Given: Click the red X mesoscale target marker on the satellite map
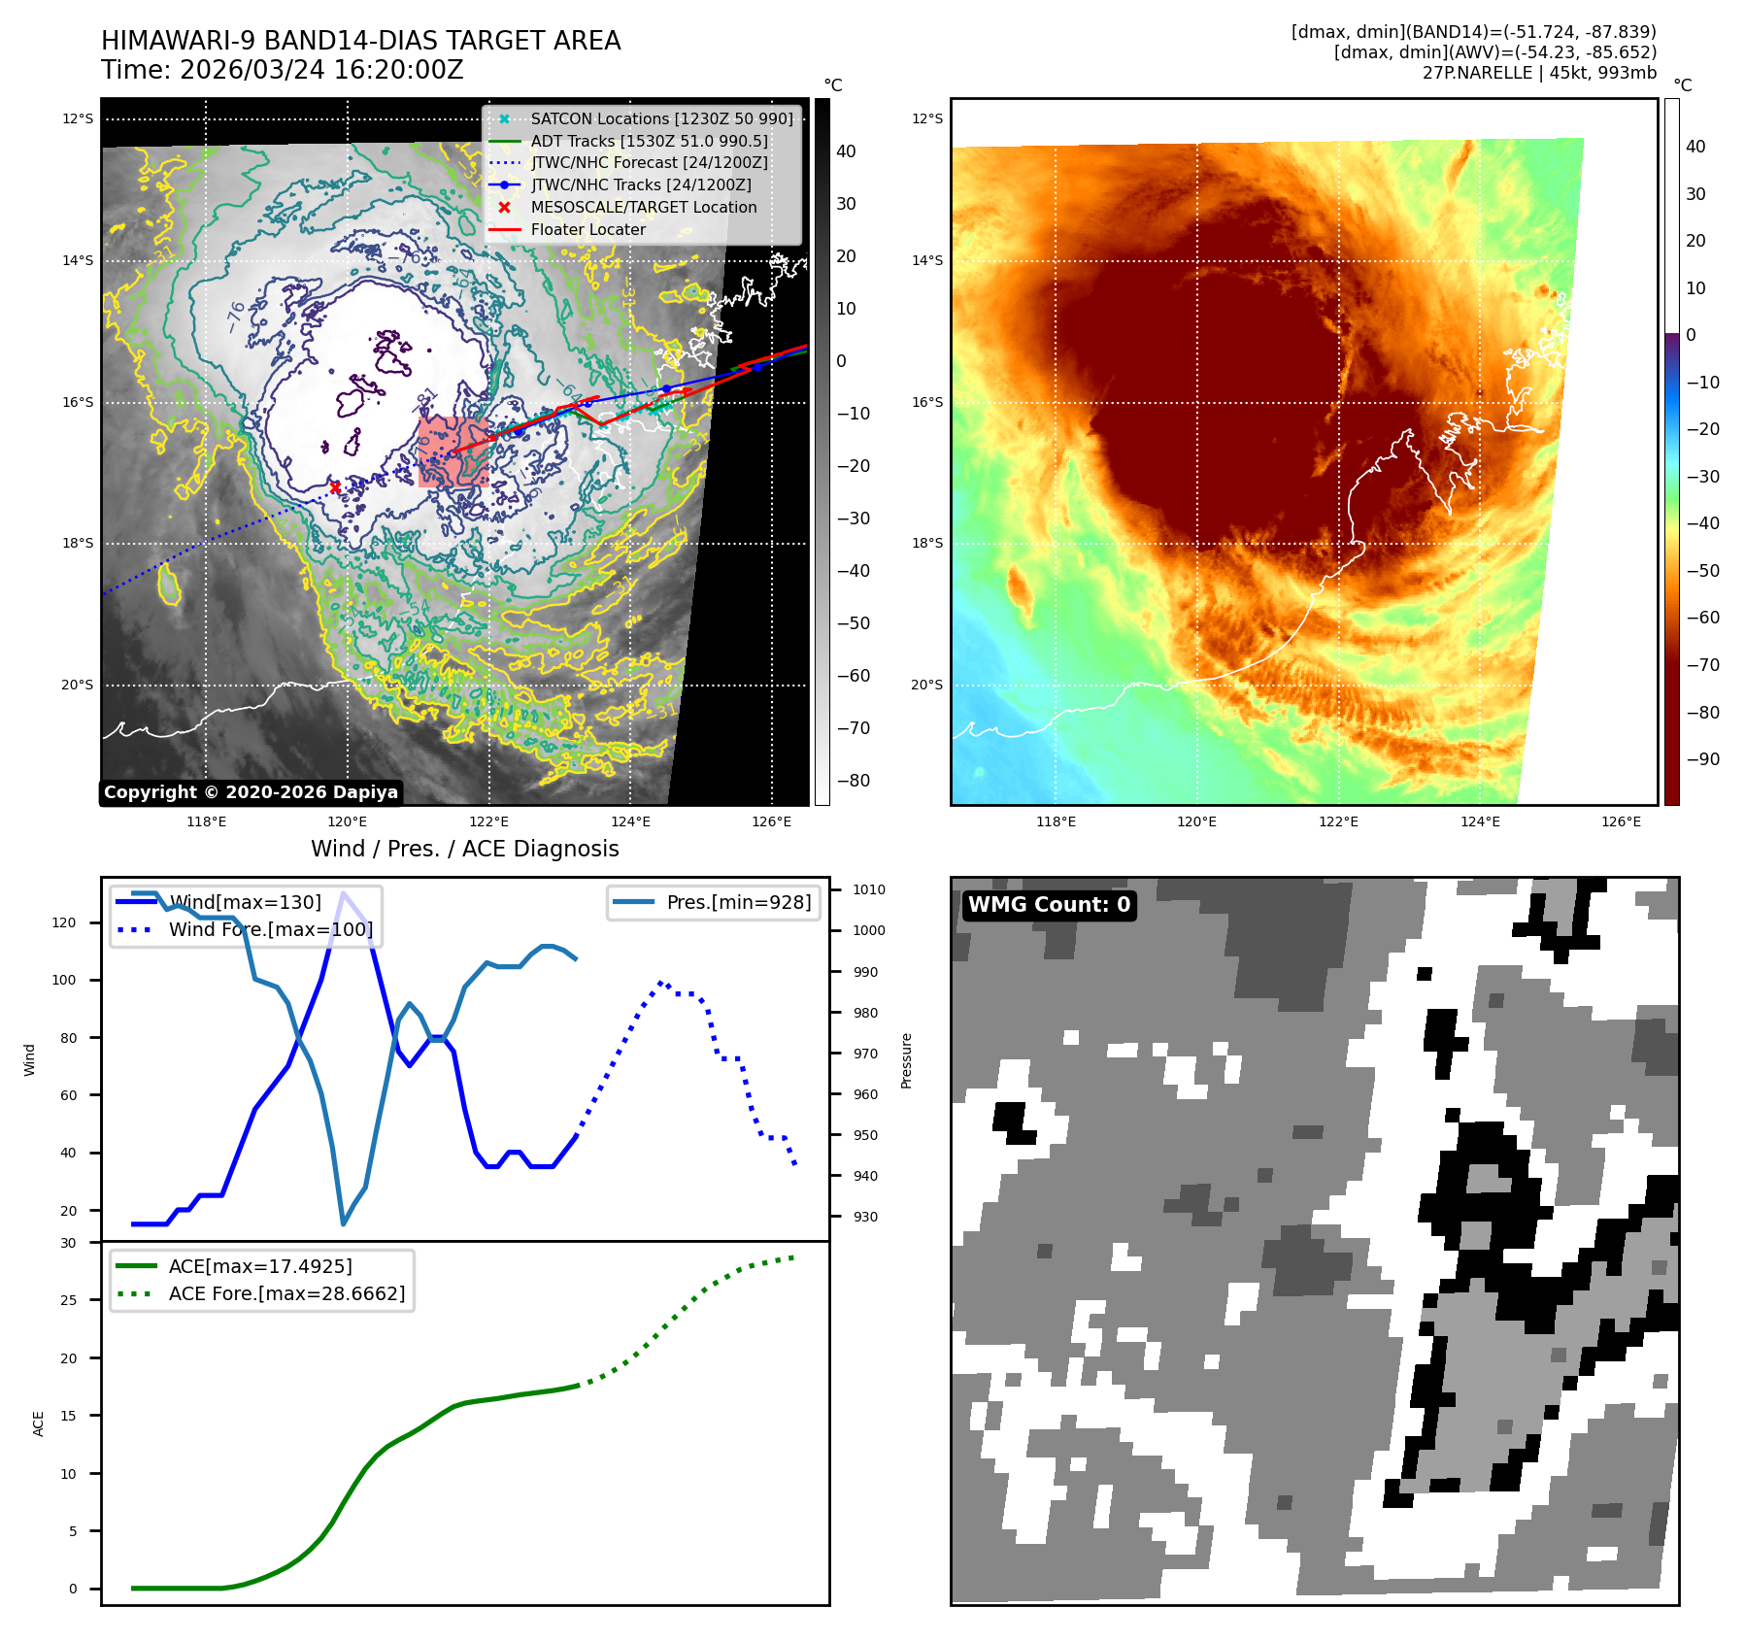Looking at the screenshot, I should click(x=335, y=487).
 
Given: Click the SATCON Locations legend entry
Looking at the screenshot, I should click(x=661, y=118).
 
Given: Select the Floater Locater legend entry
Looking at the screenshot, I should click(x=587, y=229).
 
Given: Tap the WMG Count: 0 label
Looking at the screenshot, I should click(x=1049, y=905).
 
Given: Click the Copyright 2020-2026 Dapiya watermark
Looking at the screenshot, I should click(x=251, y=792).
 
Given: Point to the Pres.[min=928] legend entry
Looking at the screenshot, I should click(x=738, y=902).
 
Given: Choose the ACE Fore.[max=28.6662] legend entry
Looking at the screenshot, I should click(x=286, y=1293).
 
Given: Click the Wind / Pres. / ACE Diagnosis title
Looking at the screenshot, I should click(x=464, y=849).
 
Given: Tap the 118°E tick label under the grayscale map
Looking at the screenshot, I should click(x=206, y=821).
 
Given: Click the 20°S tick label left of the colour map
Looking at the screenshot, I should click(x=926, y=685).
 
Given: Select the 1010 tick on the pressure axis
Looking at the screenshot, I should click(x=869, y=889).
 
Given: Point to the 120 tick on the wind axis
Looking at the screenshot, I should click(x=64, y=922).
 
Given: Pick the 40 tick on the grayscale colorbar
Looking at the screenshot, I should click(x=846, y=151).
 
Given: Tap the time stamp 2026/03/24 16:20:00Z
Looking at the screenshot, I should click(x=321, y=71).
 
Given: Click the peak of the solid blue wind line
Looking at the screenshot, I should click(x=343, y=892).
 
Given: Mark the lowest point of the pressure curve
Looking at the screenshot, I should click(x=343, y=1223).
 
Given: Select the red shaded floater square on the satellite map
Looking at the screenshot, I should click(x=453, y=452).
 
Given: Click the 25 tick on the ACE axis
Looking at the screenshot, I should click(x=68, y=1300).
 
